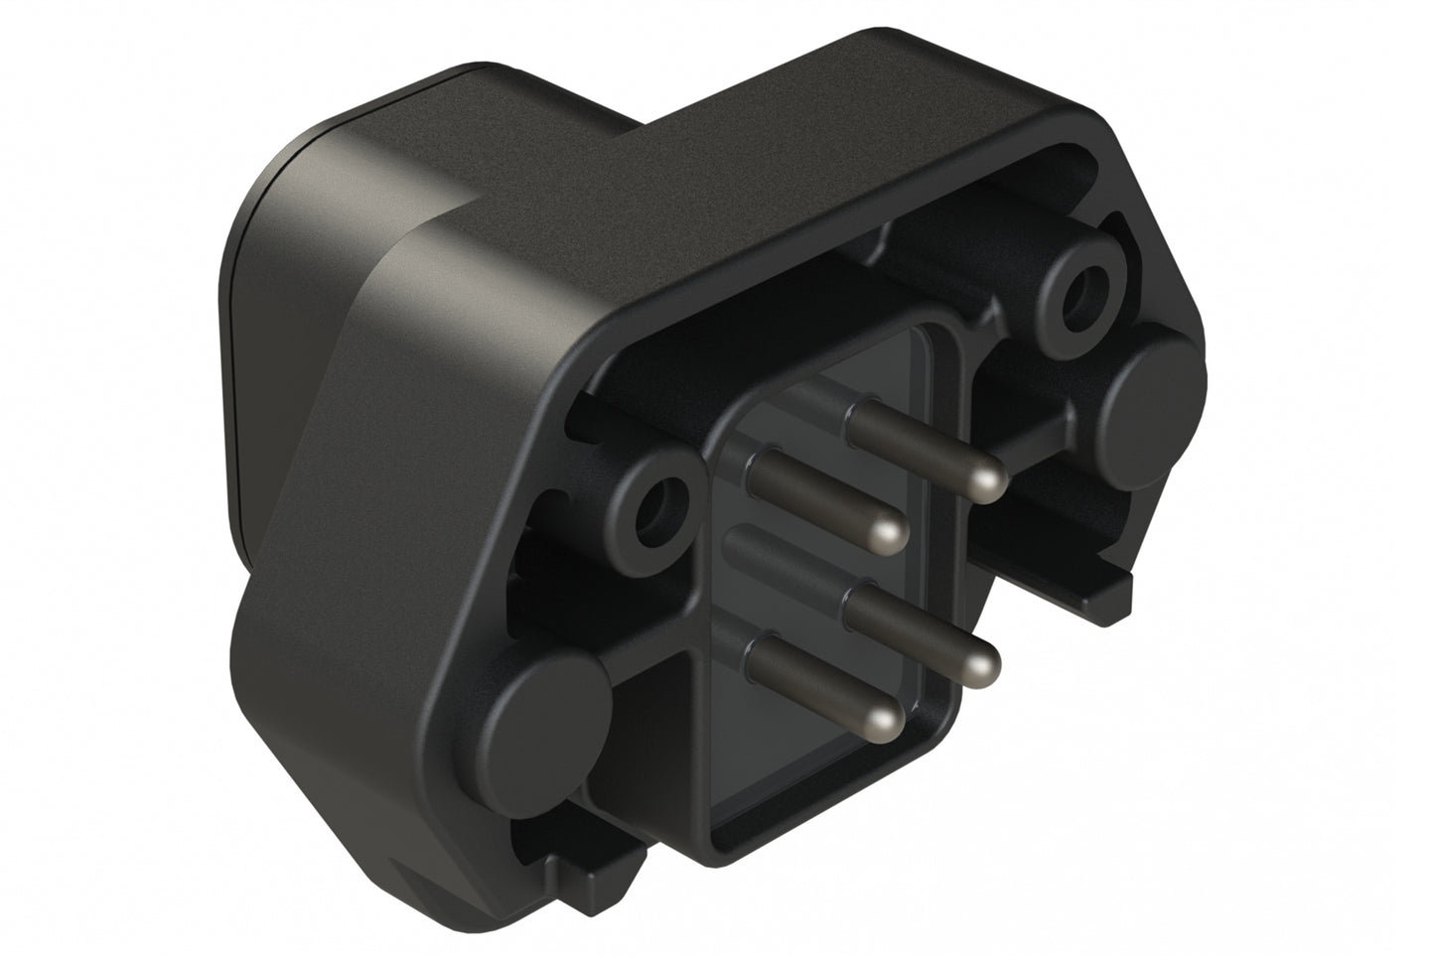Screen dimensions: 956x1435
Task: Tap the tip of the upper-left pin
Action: (x=887, y=536)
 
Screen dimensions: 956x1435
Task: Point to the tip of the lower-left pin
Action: (x=882, y=719)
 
